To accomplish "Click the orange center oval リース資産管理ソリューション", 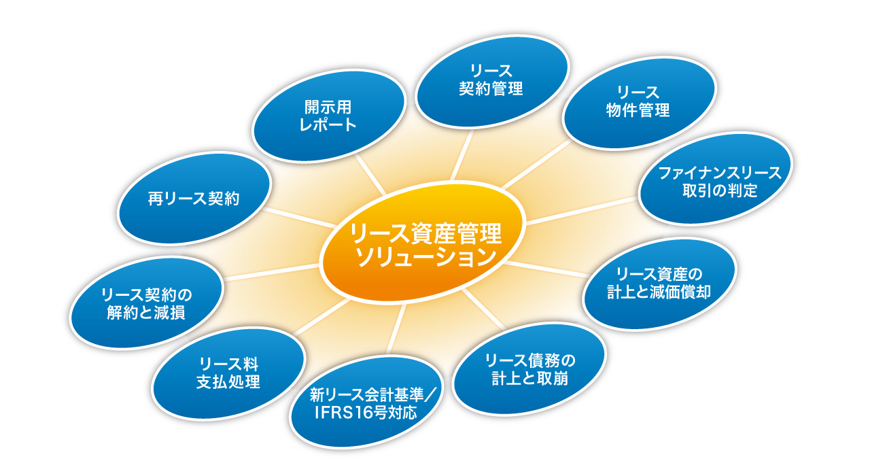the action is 422,242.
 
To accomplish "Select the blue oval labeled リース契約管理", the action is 491,82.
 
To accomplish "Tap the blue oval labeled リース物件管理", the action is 638,103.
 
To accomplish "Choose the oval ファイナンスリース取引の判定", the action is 716,179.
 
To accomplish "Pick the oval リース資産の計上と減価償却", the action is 659,284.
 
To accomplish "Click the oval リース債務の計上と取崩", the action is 529,369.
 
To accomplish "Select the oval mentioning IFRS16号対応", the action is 366,402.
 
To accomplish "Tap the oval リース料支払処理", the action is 228,374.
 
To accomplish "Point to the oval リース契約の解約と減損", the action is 146,303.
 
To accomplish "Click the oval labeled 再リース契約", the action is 194,199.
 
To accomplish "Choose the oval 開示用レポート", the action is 328,116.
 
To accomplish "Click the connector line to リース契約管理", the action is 462,154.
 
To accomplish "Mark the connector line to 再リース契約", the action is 300,218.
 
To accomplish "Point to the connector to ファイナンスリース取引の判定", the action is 582,211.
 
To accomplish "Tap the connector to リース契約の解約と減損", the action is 271,272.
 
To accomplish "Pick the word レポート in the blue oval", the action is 328,124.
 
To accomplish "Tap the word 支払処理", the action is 228,382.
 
